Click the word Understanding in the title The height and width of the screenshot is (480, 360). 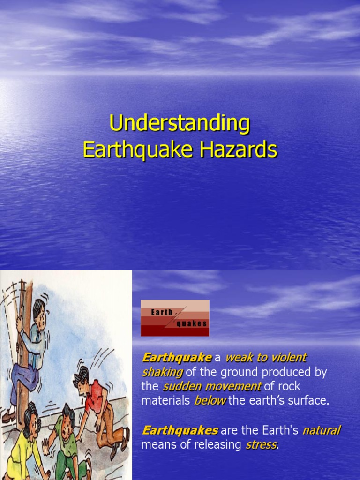coord(180,124)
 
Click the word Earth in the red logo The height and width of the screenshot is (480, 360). coord(162,312)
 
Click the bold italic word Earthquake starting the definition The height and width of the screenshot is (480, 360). coord(177,358)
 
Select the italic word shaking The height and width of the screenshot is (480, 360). coord(162,372)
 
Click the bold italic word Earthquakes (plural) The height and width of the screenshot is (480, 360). coord(180,430)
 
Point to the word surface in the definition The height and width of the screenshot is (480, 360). coord(310,401)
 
